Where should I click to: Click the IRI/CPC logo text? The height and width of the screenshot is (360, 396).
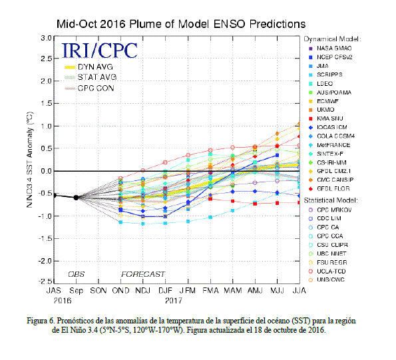99,50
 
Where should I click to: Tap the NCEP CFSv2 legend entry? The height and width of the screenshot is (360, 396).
331,57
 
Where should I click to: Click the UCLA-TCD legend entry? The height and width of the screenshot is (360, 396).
327,271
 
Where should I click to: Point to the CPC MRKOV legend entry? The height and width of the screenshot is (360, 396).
330,210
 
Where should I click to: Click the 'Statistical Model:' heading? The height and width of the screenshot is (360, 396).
331,200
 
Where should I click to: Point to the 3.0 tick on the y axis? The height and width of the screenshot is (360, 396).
46,38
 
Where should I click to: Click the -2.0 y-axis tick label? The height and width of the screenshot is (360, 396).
45,261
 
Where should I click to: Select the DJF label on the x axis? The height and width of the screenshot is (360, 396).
165,291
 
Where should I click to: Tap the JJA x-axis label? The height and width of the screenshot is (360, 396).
299,291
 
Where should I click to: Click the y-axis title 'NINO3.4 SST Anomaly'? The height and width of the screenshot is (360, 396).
30,160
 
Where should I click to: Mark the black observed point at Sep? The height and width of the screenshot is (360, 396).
76,198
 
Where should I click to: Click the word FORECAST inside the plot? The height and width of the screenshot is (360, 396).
143,274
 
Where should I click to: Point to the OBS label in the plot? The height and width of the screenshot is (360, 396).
77,274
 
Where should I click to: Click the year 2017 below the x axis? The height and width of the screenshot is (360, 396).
173,301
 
